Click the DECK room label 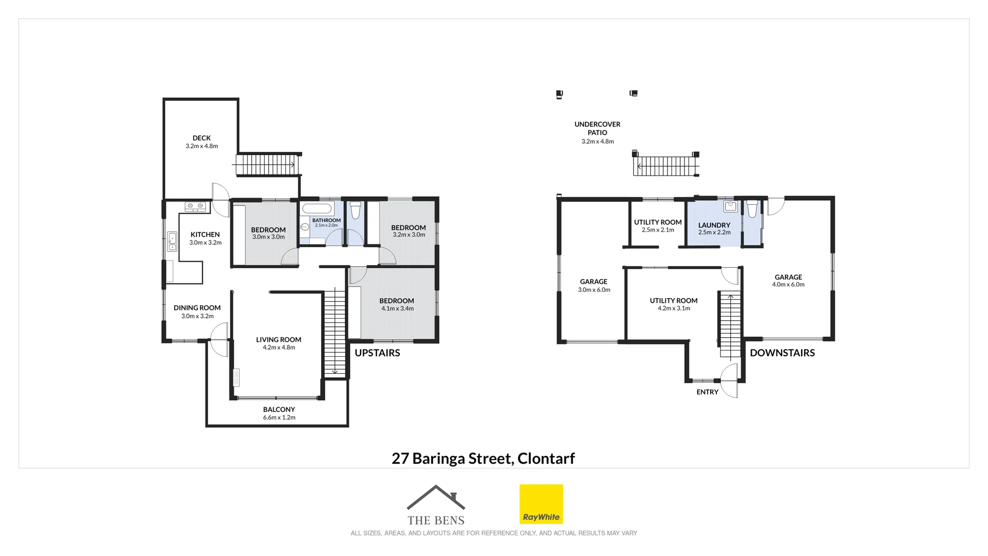(202, 138)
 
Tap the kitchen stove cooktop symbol (196, 206)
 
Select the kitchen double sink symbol (172, 241)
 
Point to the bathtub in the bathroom (317, 208)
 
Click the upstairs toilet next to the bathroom (355, 211)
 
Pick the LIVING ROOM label (278, 340)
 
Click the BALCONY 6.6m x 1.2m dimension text (279, 418)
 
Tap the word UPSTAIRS (377, 353)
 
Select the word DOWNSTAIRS (782, 353)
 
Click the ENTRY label (707, 392)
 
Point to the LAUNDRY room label (714, 225)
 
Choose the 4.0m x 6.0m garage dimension (788, 285)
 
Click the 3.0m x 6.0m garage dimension (594, 290)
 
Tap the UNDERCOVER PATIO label (597, 128)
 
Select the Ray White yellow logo (541, 504)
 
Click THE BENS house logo (436, 505)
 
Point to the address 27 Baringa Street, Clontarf (483, 458)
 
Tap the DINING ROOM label (197, 308)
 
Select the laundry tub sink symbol (730, 206)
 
